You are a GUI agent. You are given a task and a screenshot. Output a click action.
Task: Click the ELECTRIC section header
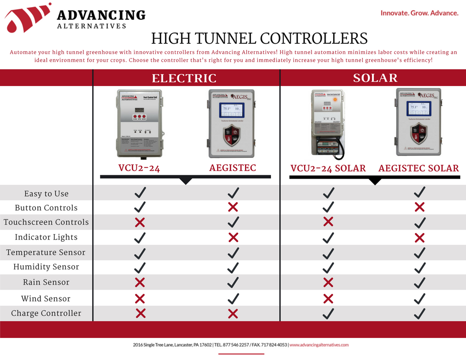(184, 78)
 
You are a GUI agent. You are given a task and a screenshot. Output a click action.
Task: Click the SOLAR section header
(375, 78)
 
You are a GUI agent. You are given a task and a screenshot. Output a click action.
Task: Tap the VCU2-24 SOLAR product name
(328, 168)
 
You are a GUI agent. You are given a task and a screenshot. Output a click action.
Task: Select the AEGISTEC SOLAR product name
(418, 168)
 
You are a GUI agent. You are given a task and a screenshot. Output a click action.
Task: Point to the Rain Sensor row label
(46, 282)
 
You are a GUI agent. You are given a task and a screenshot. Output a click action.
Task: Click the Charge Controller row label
(46, 313)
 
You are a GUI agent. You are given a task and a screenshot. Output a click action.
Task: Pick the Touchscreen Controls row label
(46, 222)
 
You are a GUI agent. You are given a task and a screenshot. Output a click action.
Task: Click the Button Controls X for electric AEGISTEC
(233, 207)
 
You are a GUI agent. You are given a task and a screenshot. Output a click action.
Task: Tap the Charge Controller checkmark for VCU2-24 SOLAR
(328, 313)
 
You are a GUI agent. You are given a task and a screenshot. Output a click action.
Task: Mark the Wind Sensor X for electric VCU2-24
(140, 299)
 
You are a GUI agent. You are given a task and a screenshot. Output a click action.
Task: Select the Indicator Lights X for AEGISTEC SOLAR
(420, 238)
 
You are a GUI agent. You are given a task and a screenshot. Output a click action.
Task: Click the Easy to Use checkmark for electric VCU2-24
(140, 192)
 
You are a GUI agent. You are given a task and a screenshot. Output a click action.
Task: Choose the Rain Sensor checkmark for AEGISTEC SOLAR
(420, 282)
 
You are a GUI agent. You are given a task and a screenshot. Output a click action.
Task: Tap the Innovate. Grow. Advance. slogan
(419, 13)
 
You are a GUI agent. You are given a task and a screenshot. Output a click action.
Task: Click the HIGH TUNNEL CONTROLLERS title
(259, 39)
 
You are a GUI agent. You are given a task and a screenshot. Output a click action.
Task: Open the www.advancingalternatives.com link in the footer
(319, 345)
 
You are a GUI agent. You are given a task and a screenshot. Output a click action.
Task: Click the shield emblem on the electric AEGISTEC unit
(231, 135)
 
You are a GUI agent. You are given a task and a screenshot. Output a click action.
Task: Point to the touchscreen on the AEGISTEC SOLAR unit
(417, 107)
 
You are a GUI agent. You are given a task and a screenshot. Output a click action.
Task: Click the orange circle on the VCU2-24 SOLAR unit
(335, 100)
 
